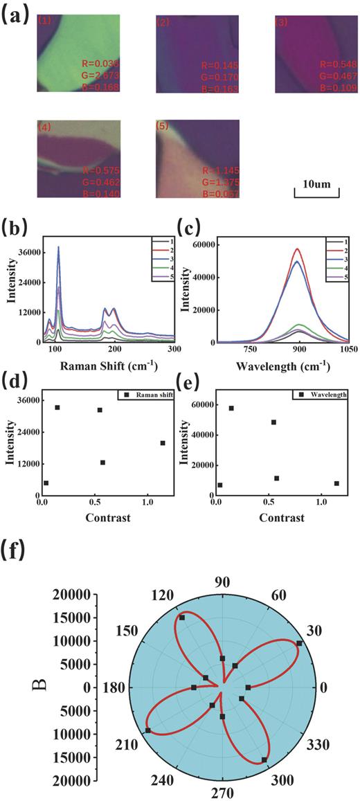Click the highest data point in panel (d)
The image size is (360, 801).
tap(57, 408)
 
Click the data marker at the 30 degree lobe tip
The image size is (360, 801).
tap(299, 643)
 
